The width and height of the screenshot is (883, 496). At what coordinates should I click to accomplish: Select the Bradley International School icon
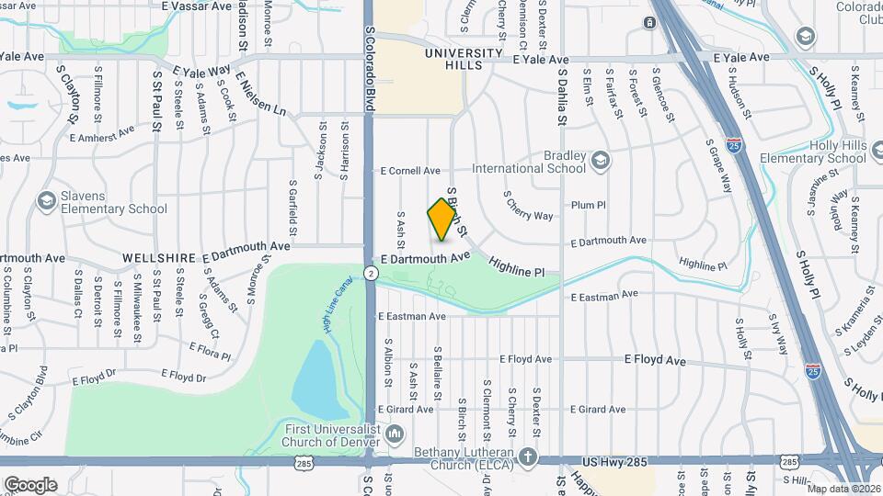(x=601, y=161)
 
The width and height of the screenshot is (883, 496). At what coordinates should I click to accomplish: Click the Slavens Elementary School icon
(x=46, y=200)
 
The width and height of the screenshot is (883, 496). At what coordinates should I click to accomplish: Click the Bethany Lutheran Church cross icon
(x=528, y=457)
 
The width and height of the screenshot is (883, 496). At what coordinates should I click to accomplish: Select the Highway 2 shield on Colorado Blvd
(x=370, y=273)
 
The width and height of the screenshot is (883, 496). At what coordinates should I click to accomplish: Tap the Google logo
(x=30, y=484)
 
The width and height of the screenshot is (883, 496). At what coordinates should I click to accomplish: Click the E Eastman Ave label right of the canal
(x=603, y=296)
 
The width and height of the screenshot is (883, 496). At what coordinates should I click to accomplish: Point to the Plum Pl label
(x=589, y=206)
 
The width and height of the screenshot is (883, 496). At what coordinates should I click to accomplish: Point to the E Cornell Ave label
(x=410, y=171)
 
